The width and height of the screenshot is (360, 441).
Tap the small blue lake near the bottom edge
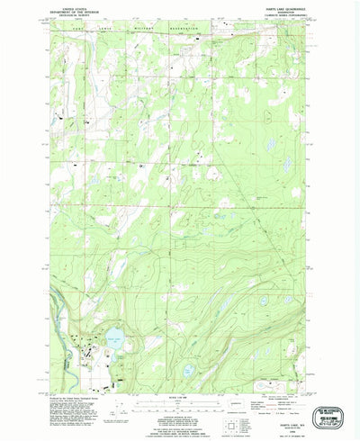(188, 370)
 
